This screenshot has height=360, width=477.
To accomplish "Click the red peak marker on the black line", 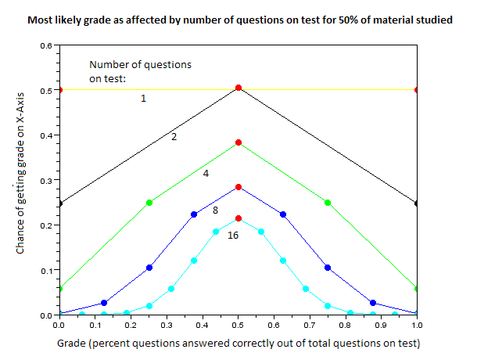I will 238,88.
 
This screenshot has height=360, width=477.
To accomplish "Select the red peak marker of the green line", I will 238,142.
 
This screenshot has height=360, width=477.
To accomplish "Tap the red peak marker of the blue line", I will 238,187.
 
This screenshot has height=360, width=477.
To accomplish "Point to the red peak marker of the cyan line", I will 238,218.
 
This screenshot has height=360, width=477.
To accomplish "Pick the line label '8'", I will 215,211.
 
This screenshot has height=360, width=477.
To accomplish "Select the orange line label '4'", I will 206,173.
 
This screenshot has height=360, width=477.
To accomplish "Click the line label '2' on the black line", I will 174,137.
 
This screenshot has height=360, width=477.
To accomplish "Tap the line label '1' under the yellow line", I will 143,99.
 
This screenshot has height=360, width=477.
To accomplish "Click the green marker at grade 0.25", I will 149,203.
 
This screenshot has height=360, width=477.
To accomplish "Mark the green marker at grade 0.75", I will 328,203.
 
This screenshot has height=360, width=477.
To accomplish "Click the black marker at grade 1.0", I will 417,203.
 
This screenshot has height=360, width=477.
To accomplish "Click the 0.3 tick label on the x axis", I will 166,324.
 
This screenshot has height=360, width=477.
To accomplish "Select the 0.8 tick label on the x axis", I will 346,324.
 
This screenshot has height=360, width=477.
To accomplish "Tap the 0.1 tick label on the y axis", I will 45,270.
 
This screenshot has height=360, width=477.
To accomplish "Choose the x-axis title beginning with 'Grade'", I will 237,344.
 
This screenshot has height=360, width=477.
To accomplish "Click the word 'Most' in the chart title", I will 41,18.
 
